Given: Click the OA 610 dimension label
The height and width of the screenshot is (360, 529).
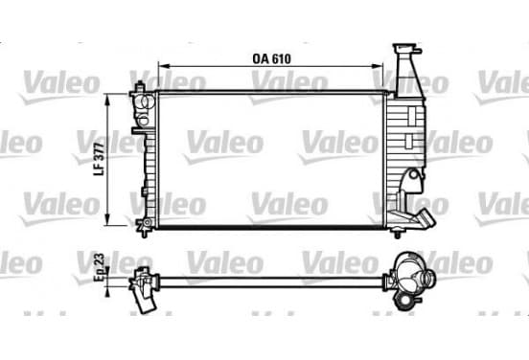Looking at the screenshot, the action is point(271,58).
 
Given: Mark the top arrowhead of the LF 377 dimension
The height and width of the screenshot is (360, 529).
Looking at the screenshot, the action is point(107,100).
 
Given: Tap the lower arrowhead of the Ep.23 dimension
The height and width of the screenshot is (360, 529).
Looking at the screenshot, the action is point(107,292).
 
